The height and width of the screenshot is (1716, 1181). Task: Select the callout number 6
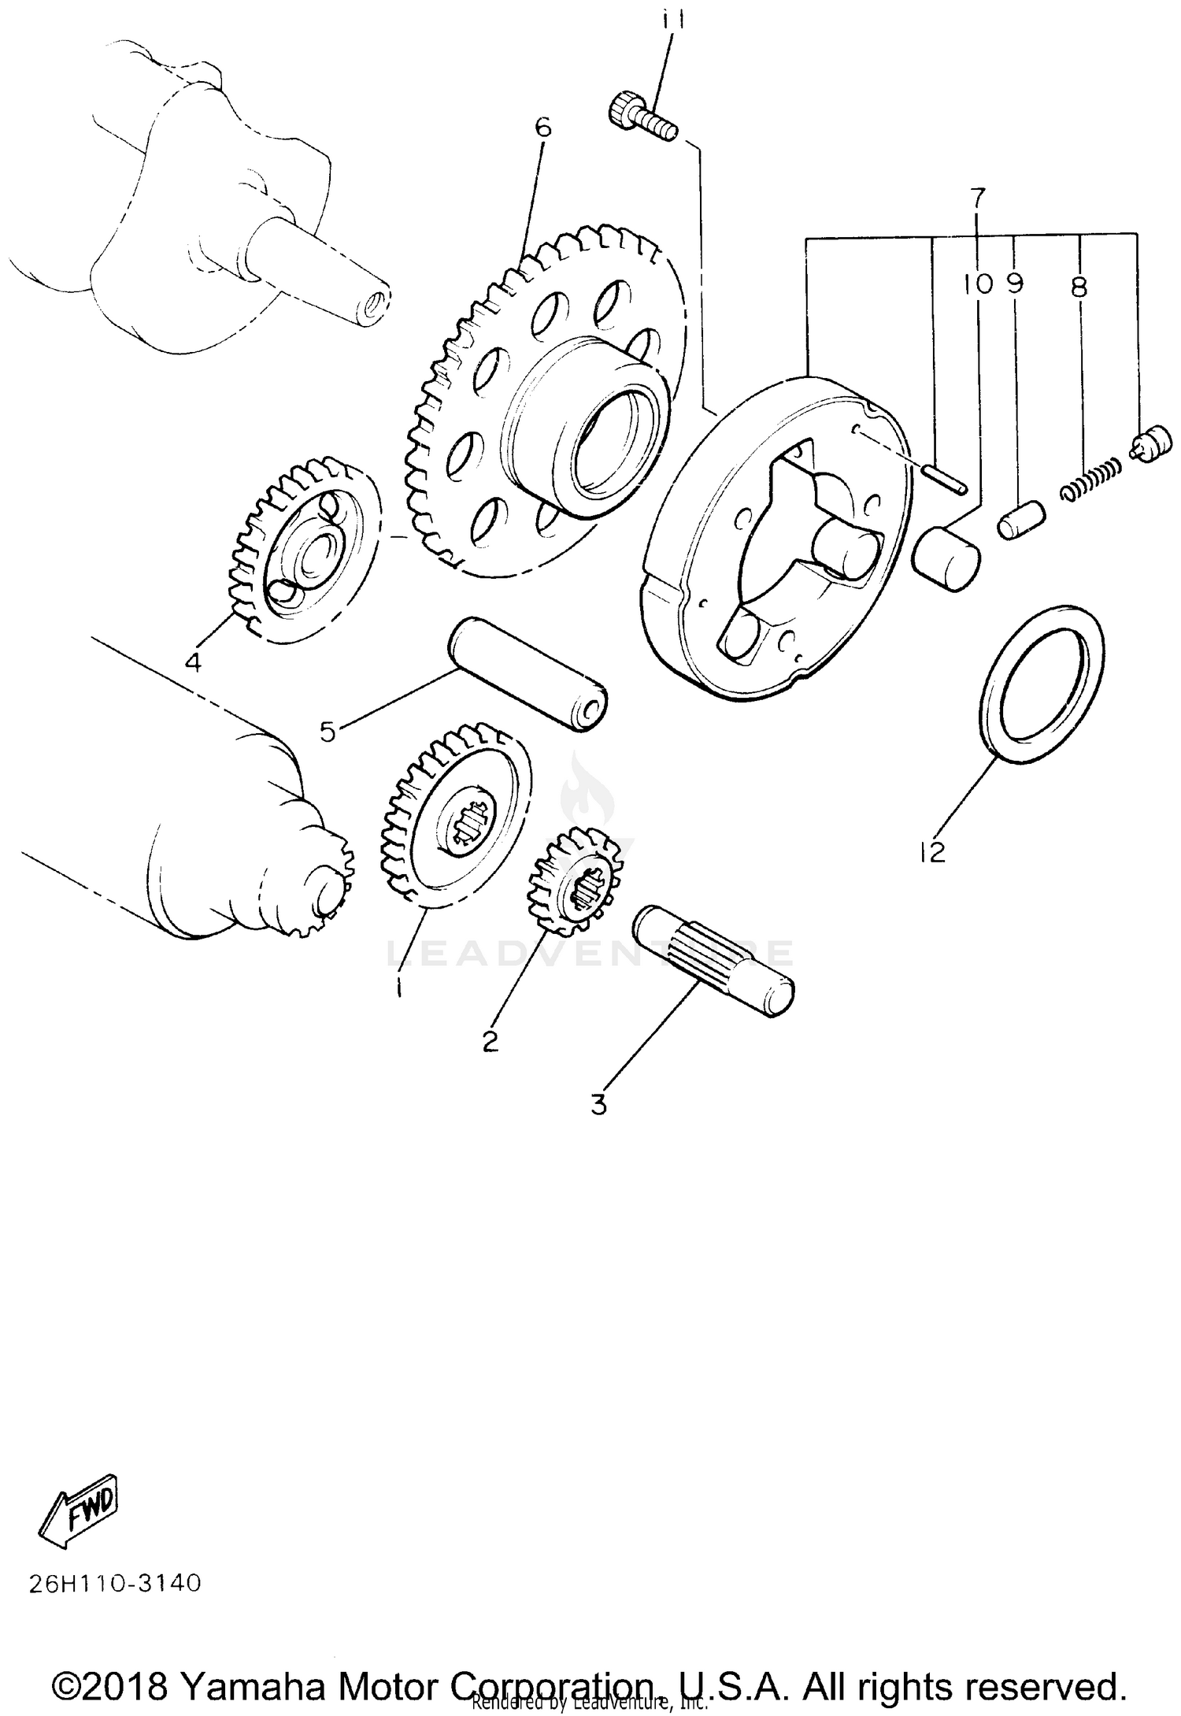pyautogui.click(x=543, y=128)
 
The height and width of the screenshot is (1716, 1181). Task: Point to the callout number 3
pyautogui.click(x=599, y=1105)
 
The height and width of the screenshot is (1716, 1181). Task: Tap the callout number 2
pyautogui.click(x=490, y=1041)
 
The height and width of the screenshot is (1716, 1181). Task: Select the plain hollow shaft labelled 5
pyautogui.click(x=528, y=674)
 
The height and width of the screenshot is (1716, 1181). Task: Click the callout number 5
pyautogui.click(x=328, y=732)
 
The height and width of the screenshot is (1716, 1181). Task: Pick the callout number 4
pyautogui.click(x=193, y=662)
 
